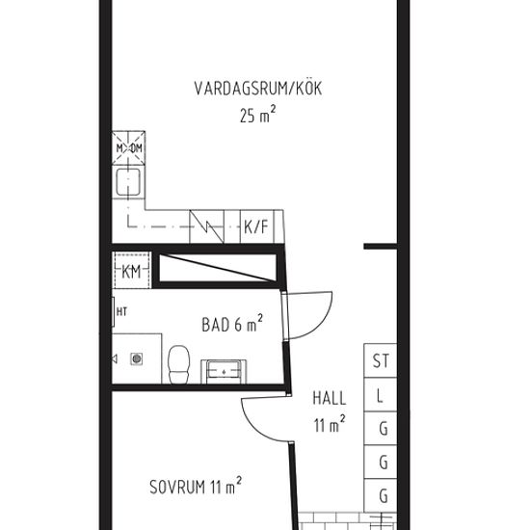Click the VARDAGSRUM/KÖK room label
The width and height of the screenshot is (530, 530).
click(257, 90)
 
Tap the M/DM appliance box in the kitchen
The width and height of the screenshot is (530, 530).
click(128, 147)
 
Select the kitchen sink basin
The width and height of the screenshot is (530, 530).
click(128, 181)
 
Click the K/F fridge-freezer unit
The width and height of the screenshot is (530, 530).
click(255, 227)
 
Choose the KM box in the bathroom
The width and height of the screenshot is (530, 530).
click(132, 271)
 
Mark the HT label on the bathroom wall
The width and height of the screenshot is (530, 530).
click(121, 311)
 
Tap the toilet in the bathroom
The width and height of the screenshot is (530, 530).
click(177, 363)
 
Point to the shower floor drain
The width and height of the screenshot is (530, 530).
click(136, 359)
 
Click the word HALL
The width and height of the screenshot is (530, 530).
click(329, 397)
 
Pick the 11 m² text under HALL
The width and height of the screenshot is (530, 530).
click(329, 422)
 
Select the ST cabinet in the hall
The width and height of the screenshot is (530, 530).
click(381, 361)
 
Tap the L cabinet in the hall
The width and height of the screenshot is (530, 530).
click(381, 395)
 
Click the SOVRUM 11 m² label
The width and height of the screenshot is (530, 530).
click(195, 486)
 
